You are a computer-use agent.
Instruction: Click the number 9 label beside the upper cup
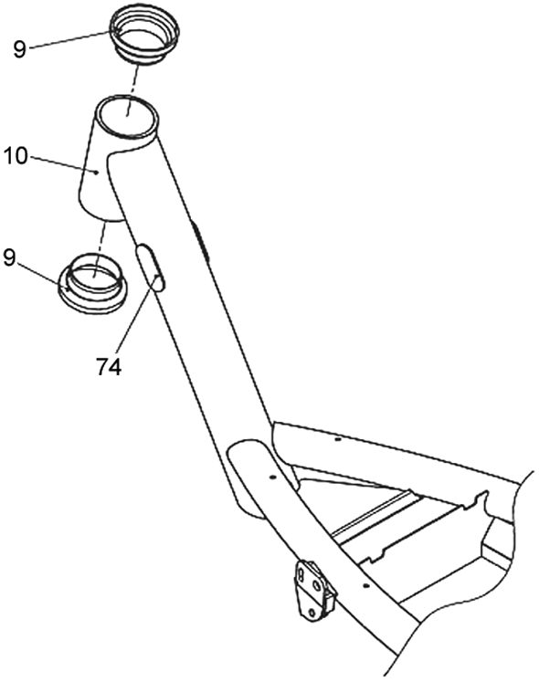click(19, 49)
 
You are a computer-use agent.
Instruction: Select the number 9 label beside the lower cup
click(9, 258)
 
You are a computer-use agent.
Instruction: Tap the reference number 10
click(16, 156)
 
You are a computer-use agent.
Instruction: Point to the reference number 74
click(109, 368)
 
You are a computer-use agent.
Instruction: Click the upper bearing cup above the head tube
click(144, 36)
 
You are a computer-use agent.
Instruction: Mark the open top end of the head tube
click(127, 116)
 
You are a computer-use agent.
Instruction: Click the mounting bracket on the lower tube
click(315, 590)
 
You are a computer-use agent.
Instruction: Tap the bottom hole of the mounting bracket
click(312, 613)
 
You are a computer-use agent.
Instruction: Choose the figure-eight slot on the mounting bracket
click(301, 576)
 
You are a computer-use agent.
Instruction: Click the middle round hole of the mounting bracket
click(317, 585)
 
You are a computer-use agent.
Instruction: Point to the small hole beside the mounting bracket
click(366, 585)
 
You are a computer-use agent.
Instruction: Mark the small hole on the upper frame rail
click(337, 440)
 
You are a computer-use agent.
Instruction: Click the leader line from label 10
click(64, 165)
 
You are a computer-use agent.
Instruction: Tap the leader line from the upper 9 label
click(70, 38)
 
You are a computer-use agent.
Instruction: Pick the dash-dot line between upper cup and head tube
click(132, 90)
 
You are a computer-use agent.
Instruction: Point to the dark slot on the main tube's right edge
click(200, 241)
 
